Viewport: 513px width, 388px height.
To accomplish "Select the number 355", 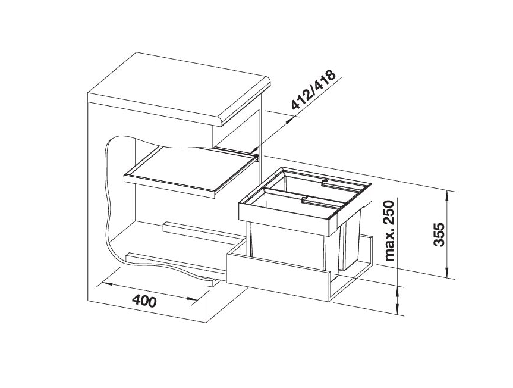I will [439, 234].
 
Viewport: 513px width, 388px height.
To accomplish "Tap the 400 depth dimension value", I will [144, 301].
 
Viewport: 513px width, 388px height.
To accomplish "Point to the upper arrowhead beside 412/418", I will [291, 118].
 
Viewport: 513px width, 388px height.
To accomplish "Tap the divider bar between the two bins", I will [303, 196].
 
